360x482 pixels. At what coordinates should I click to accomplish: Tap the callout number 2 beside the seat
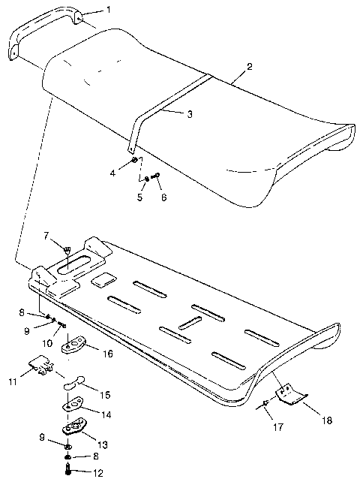(x=249, y=66)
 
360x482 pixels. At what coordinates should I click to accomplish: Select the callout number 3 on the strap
(x=189, y=114)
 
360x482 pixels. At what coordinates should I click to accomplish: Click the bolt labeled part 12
(x=67, y=470)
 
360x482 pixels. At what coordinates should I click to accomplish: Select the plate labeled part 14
(x=73, y=408)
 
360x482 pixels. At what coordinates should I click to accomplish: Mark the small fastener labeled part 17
(x=265, y=406)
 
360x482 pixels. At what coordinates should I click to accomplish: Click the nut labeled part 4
(x=133, y=161)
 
